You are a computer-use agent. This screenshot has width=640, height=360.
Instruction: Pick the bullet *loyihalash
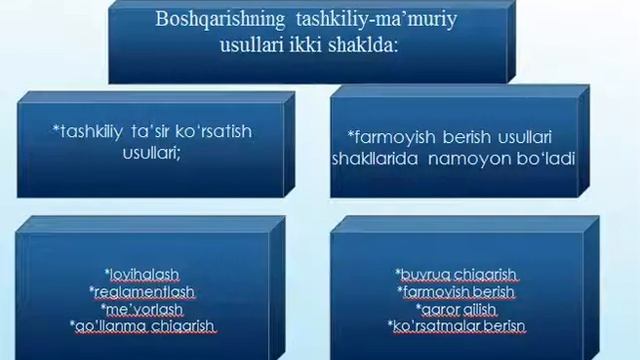click(143, 274)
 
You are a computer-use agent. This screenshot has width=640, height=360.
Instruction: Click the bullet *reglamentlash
click(142, 291)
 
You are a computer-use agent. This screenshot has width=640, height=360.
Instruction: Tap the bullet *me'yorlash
click(142, 308)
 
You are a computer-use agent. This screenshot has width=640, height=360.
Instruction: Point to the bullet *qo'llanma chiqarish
click(143, 326)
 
